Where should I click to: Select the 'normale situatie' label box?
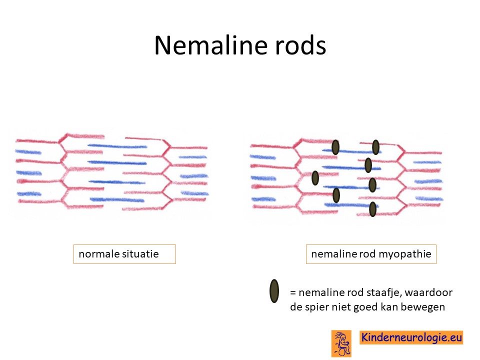click(x=124, y=254)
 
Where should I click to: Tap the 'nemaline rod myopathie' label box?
click(x=371, y=254)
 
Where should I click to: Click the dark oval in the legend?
click(x=274, y=291)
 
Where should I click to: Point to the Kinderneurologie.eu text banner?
click(x=411, y=337)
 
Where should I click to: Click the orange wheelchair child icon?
click(x=341, y=343)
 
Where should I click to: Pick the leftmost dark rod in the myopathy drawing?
click(x=315, y=178)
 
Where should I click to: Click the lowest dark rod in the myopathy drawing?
click(x=372, y=209)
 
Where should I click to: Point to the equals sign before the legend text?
click(x=293, y=293)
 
